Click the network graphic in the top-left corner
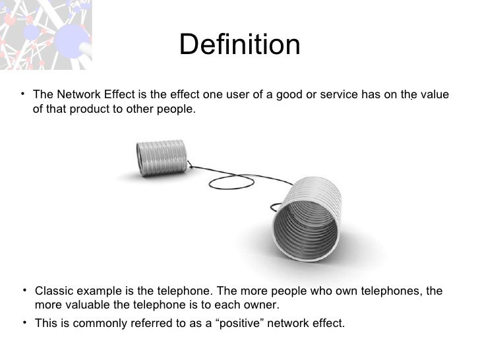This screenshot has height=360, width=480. pos(45,33)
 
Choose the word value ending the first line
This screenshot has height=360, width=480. pos(436,95)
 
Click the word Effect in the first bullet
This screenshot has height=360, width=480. pos(116,95)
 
